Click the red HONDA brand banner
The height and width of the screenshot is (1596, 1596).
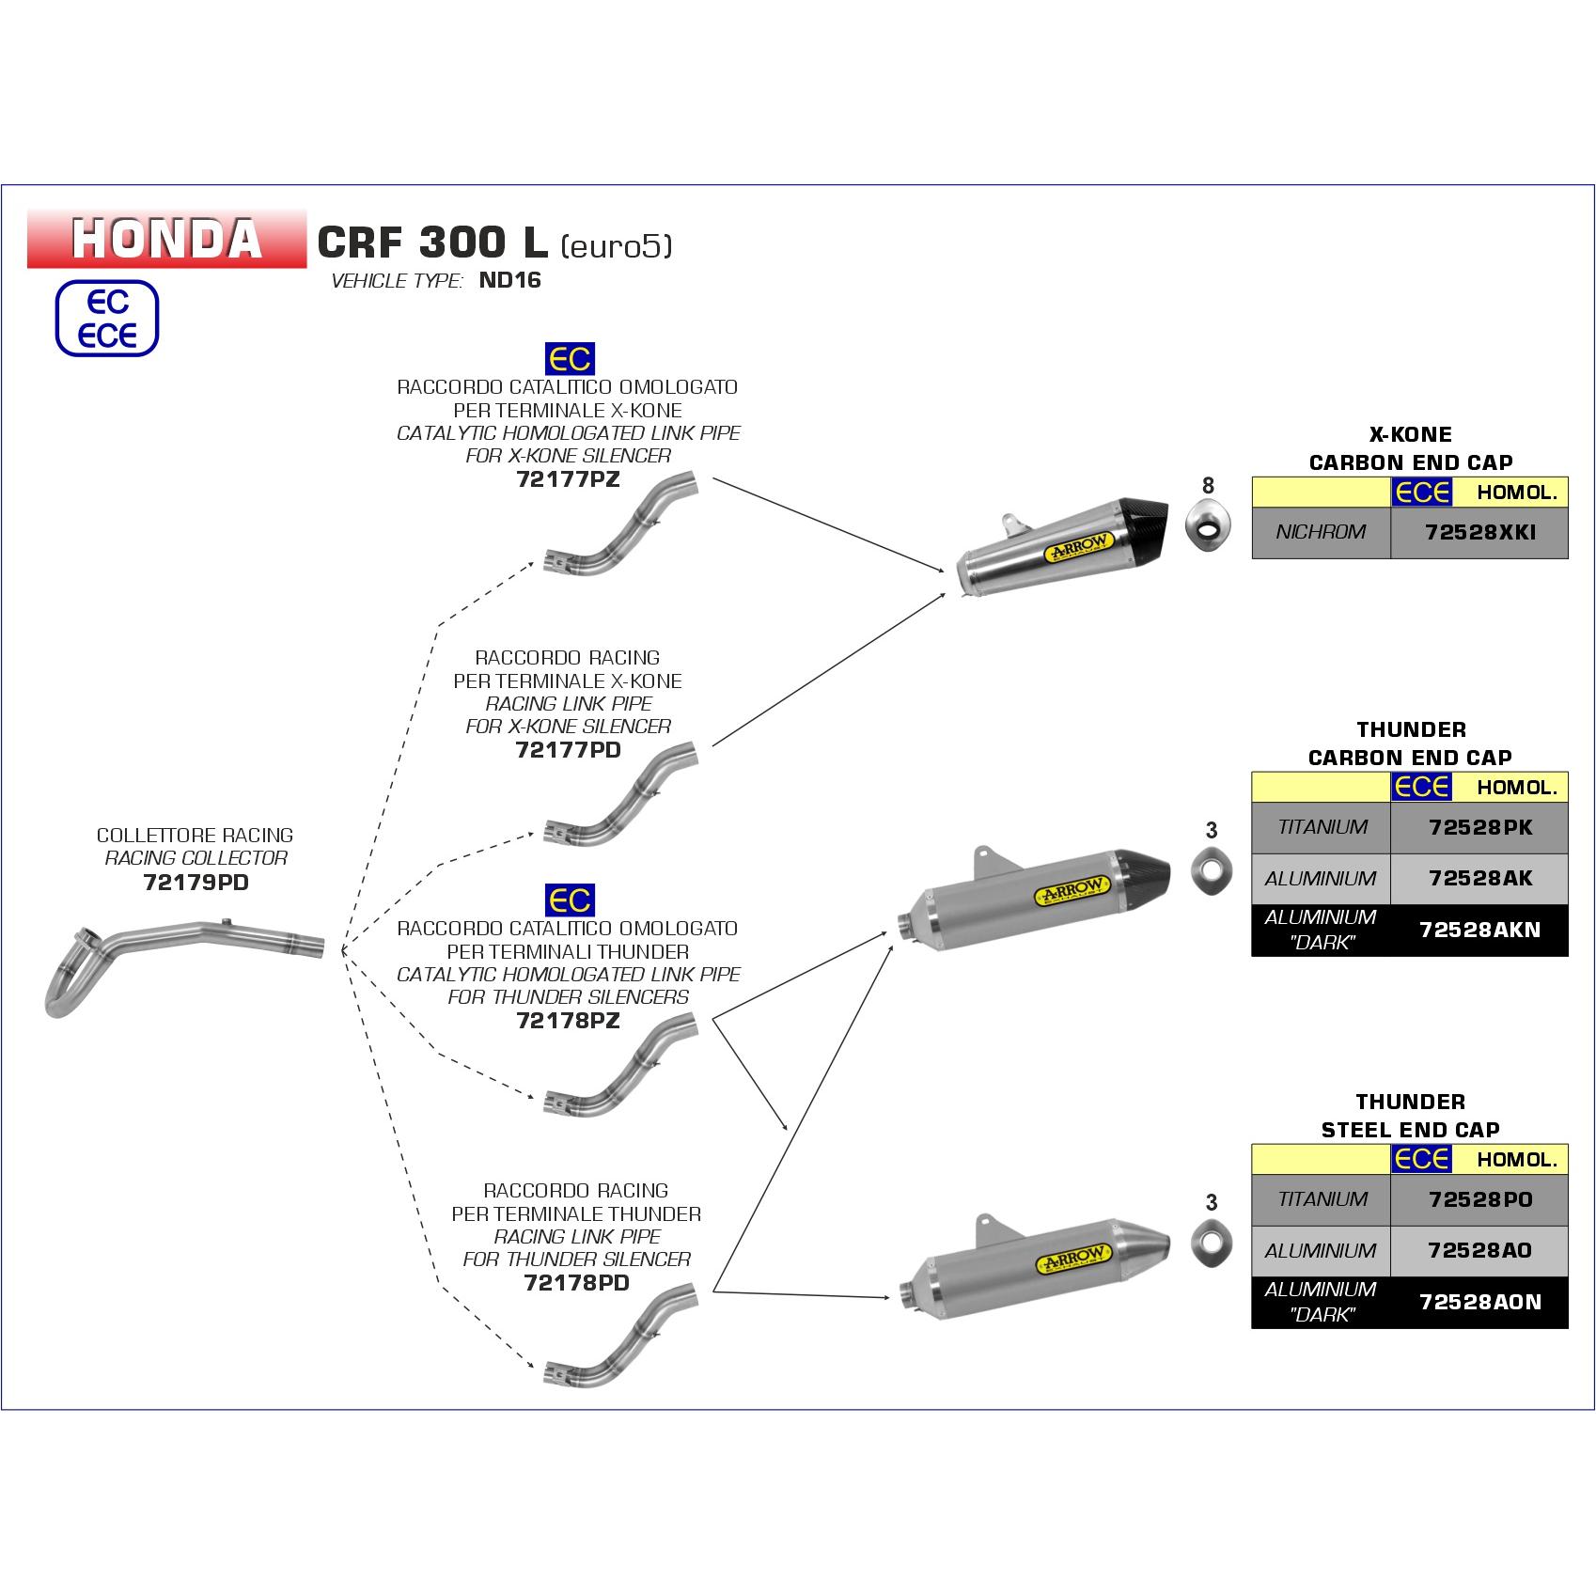(x=167, y=238)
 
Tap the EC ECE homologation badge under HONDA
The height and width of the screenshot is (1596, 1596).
(x=107, y=320)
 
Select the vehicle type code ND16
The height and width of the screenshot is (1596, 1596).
(x=510, y=280)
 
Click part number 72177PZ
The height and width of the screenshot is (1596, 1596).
(x=568, y=479)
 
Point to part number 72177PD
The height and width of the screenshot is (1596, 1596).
(x=568, y=750)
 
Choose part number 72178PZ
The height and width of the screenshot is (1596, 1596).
(x=568, y=1021)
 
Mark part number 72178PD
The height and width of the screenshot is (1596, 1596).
(x=576, y=1283)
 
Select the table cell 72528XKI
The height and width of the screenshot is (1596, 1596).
(x=1479, y=532)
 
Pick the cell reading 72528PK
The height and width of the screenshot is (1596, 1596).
(x=1479, y=827)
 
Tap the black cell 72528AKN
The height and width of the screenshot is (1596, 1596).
(x=1479, y=930)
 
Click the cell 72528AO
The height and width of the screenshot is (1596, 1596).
(x=1479, y=1250)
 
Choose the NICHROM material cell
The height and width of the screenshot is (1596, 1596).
(x=1321, y=532)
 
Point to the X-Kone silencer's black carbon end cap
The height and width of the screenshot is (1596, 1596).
(x=1149, y=524)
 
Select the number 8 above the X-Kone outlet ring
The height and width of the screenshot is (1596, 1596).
(x=1208, y=485)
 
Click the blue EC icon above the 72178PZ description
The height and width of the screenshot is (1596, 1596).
(x=570, y=900)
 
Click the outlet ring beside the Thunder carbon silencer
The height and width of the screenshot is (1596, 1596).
(x=1209, y=873)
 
